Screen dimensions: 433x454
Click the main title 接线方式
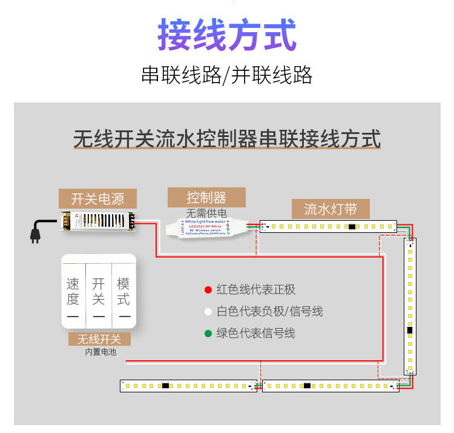[x=227, y=35]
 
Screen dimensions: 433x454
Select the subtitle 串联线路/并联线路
[x=227, y=75]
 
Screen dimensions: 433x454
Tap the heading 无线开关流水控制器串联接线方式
[x=227, y=139]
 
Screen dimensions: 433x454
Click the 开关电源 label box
[x=97, y=199]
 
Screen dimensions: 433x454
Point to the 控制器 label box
[x=206, y=198]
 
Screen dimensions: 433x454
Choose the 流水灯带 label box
[x=330, y=209]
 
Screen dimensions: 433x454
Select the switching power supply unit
[x=97, y=223]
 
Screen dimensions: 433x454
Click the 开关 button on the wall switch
[x=99, y=292]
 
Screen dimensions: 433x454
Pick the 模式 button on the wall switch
[x=123, y=292]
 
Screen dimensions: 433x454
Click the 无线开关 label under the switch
[x=99, y=339]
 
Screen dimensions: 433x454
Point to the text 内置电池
[x=100, y=352]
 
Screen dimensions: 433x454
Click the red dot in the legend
[x=208, y=290]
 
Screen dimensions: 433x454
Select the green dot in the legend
[x=208, y=333]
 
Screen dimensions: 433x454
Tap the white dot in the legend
[x=208, y=312]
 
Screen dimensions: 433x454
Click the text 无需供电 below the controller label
[x=206, y=213]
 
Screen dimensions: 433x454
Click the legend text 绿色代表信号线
[x=255, y=333]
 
